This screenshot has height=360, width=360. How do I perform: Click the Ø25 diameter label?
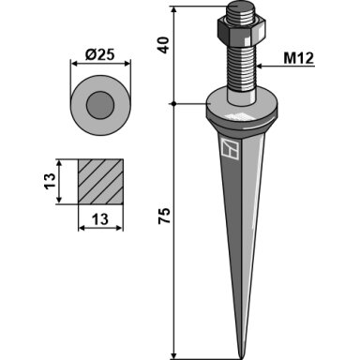click(99, 54)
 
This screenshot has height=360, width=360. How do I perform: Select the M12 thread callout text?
click(298, 58)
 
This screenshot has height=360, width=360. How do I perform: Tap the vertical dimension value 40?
click(163, 45)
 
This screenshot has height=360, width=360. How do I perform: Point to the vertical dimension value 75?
click(164, 215)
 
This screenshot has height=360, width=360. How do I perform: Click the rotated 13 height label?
click(50, 181)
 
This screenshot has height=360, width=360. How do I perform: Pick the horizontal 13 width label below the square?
click(100, 219)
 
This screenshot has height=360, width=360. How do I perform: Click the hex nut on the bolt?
click(241, 31)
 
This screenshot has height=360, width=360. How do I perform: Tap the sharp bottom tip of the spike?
click(241, 358)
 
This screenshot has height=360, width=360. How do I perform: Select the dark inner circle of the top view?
click(100, 105)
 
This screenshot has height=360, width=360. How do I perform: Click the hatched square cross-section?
click(100, 182)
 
